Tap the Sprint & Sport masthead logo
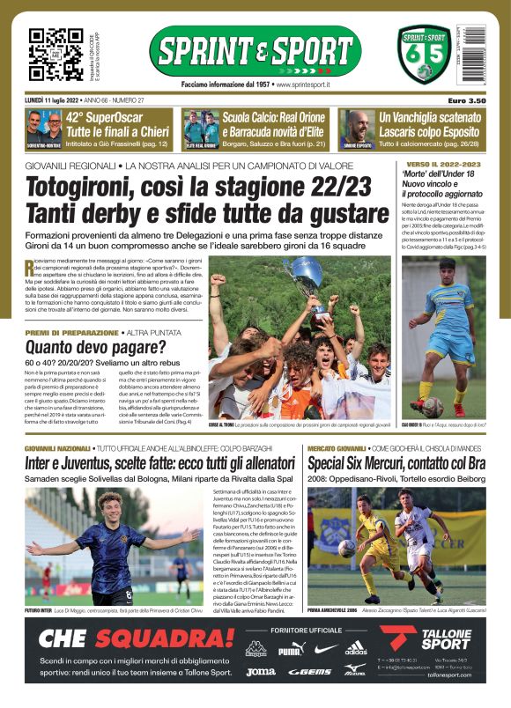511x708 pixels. pyautogui.click(x=255, y=50)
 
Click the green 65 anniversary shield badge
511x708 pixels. pyautogui.click(x=423, y=55)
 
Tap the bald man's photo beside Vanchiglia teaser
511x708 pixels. pyautogui.click(x=357, y=127)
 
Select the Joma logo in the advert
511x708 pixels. pyautogui.click(x=260, y=671)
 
